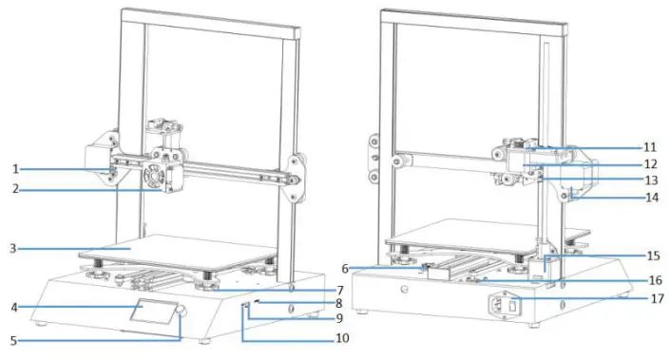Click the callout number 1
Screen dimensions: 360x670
click(15, 169)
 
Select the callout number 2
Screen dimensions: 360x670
click(15, 190)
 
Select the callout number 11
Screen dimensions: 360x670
click(650, 147)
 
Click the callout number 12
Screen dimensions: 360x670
click(650, 163)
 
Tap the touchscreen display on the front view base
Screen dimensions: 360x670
click(151, 314)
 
